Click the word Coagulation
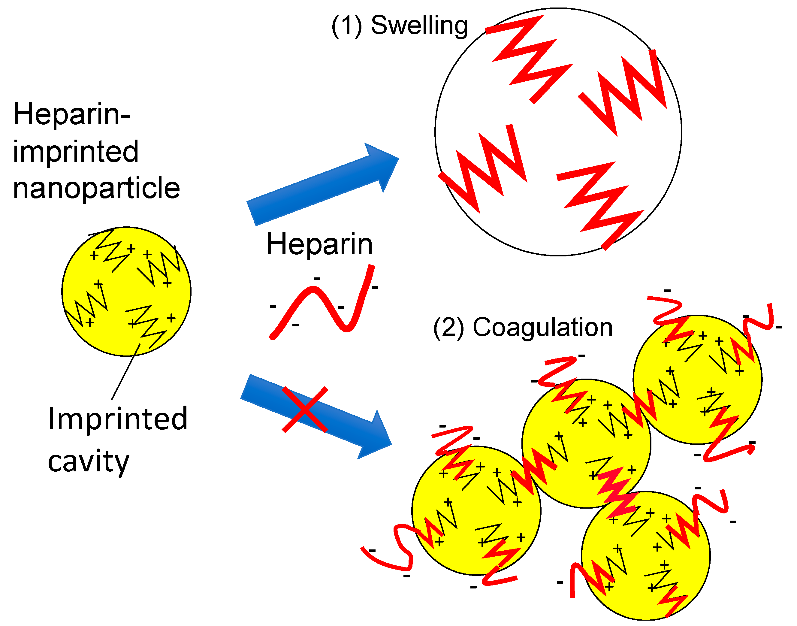pyautogui.click(x=542, y=327)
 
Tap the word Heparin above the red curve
pyautogui.click(x=319, y=244)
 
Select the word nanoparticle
pyautogui.click(x=96, y=188)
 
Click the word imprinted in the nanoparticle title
pyautogui.click(x=76, y=151)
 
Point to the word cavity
pyautogui.click(x=88, y=461)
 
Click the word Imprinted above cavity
pyautogui.click(x=118, y=419)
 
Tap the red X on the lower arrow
pyautogui.click(x=305, y=410)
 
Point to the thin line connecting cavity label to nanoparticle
pyautogui.click(x=125, y=372)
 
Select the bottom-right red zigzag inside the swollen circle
pyautogui.click(x=601, y=205)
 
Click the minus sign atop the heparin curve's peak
pyautogui.click(x=317, y=279)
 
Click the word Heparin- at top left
pyautogui.click(x=71, y=114)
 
